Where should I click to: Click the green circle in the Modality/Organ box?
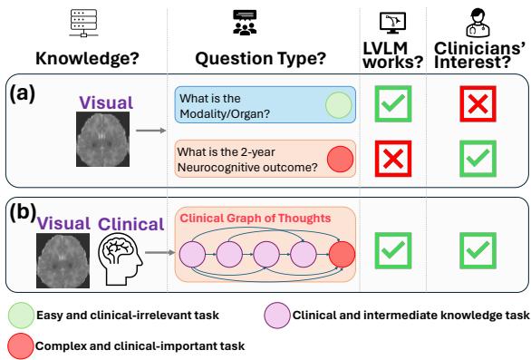337,106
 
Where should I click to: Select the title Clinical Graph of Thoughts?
242,219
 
